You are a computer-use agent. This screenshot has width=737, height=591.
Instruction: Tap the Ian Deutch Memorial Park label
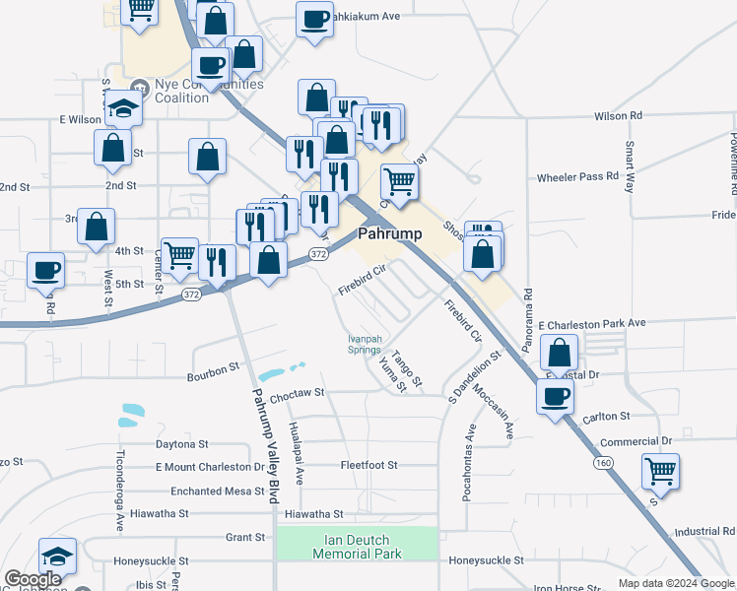[x=357, y=547]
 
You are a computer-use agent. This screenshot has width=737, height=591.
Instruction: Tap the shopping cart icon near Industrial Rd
[x=660, y=470]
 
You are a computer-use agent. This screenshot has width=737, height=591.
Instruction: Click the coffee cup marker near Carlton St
[x=555, y=396]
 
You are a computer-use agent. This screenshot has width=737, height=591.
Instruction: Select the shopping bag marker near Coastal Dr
[x=559, y=352]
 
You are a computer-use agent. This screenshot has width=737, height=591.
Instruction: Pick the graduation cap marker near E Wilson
[x=123, y=107]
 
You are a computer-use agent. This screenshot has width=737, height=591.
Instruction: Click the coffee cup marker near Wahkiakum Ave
[x=314, y=20]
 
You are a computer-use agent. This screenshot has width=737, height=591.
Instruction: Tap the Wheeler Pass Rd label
[x=577, y=177]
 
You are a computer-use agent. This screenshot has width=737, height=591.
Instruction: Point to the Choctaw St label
[x=297, y=393]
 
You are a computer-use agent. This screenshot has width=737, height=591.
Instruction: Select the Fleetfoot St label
[x=368, y=465]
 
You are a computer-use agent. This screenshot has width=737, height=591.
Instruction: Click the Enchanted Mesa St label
[x=212, y=491]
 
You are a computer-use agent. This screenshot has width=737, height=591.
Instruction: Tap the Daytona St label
[x=182, y=444]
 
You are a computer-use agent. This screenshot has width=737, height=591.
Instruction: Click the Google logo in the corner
[x=33, y=579]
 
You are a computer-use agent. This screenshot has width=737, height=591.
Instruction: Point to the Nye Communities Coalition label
[x=195, y=91]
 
